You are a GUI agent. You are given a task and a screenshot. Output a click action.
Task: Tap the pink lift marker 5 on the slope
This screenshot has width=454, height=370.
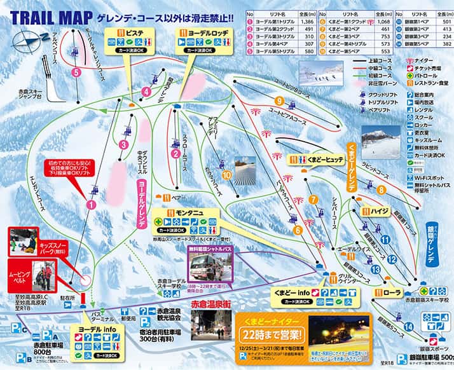point(76,72)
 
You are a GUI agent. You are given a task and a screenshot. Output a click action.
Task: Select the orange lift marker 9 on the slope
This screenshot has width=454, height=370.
point(279,101)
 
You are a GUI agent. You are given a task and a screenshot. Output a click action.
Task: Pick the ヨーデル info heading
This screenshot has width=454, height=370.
point(97,329)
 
